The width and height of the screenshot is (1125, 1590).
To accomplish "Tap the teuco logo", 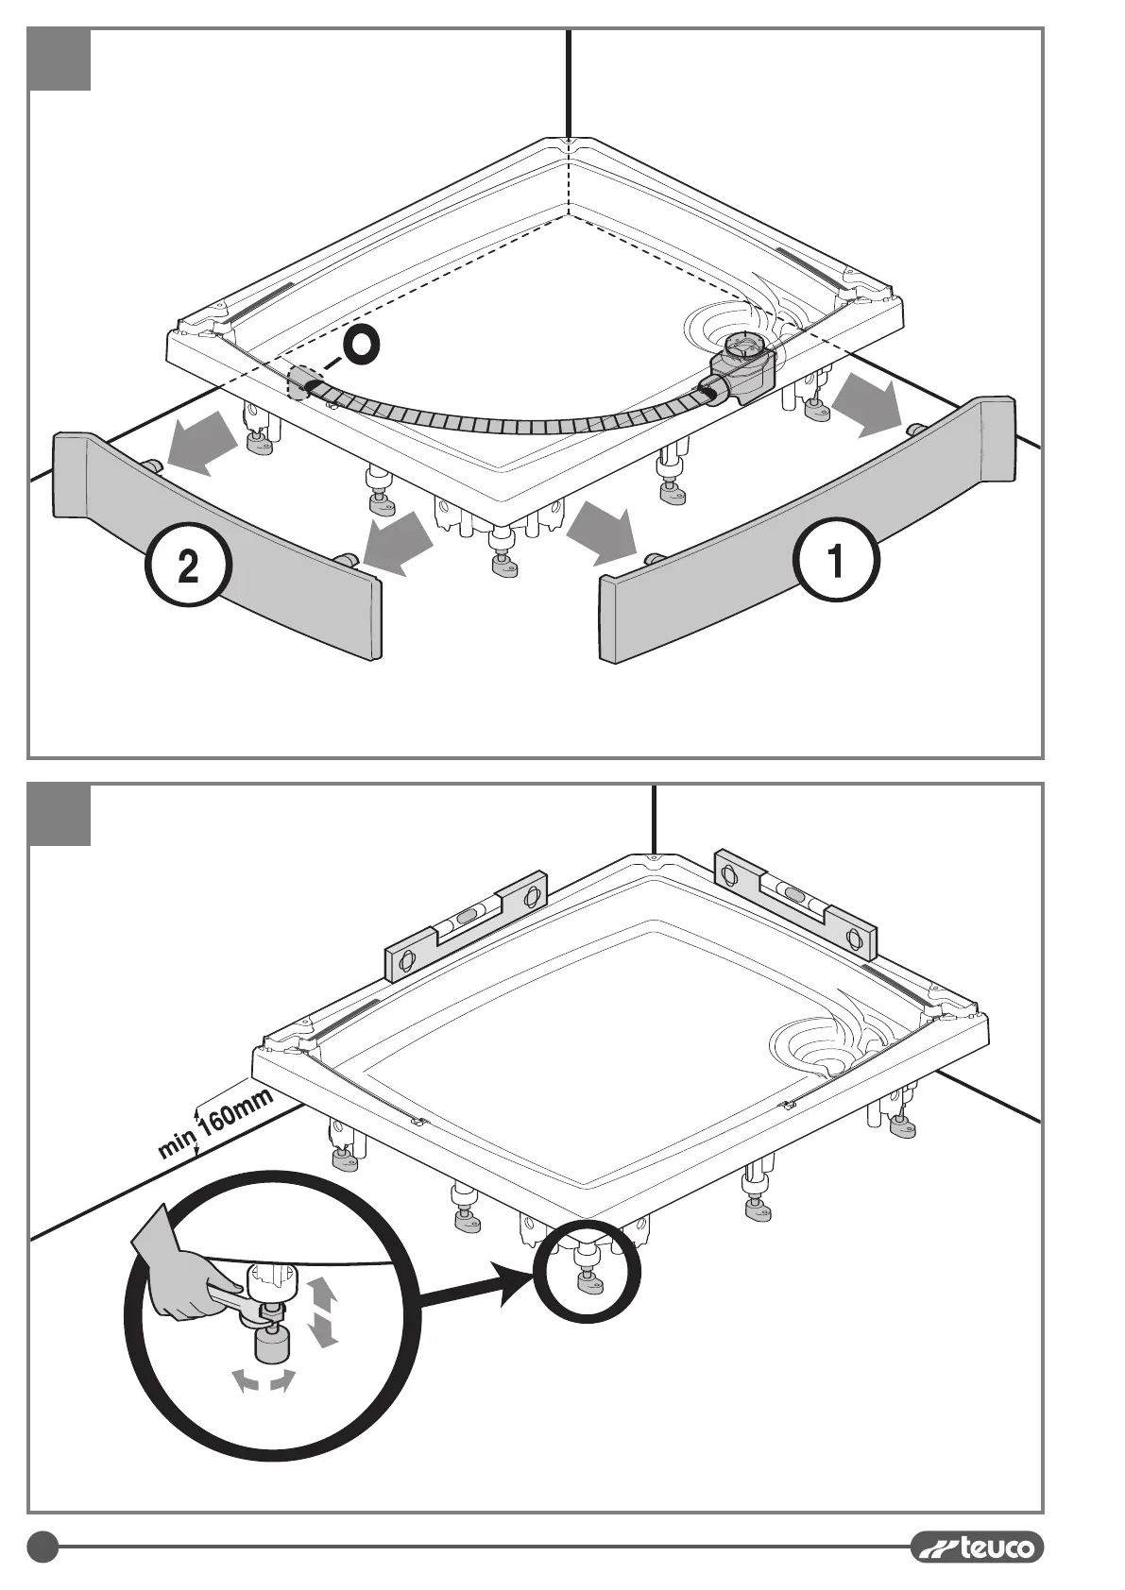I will tap(978, 1548).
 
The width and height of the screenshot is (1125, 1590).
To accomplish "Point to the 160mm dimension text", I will tap(236, 1110).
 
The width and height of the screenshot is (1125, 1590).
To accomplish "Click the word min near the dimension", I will tap(177, 1144).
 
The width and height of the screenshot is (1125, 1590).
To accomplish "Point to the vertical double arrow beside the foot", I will tap(323, 1311).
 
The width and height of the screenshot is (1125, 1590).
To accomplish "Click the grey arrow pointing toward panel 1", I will tap(601, 530).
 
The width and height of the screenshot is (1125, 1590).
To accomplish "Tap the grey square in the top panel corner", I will tap(60, 59).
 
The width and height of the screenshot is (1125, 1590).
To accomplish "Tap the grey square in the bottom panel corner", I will tap(60, 815).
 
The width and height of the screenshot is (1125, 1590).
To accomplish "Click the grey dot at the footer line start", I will tap(43, 1547).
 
